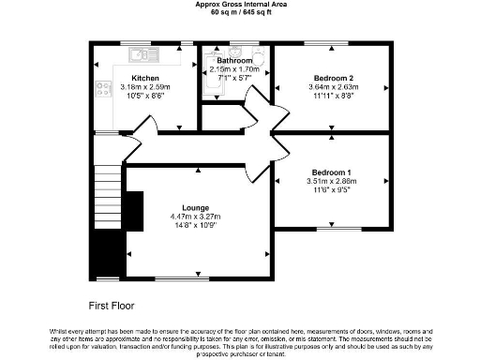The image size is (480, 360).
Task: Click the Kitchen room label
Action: point(145,79)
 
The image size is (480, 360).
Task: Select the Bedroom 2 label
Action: point(334,78)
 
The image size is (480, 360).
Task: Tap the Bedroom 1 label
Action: point(332,172)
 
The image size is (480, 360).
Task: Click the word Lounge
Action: point(196,207)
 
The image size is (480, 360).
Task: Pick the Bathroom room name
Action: point(233,61)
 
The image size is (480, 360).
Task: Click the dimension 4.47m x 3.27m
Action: point(196,217)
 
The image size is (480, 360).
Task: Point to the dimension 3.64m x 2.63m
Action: point(334,87)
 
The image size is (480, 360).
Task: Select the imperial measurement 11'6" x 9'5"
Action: point(332,191)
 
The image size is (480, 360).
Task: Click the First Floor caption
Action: point(112,306)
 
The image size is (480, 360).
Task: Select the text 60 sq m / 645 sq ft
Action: point(239,13)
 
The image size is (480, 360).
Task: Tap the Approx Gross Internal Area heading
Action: point(239,5)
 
